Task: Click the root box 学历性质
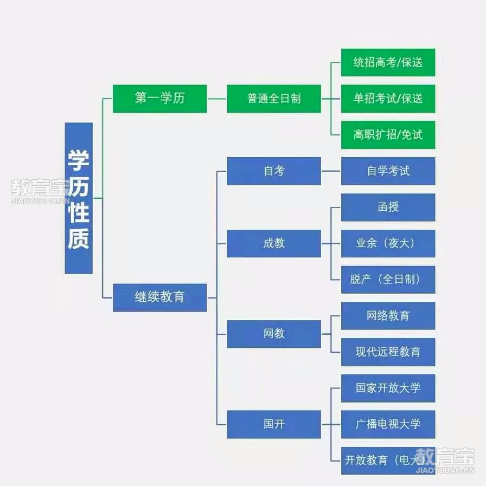(x=79, y=198)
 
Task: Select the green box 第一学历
(x=159, y=99)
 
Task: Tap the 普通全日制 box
(x=274, y=99)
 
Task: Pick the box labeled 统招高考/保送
(x=388, y=62)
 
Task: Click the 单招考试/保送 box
(x=388, y=99)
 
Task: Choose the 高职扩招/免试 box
(x=388, y=135)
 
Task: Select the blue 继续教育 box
(x=159, y=297)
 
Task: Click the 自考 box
(x=274, y=171)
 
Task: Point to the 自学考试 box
(x=388, y=171)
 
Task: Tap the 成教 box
(x=274, y=244)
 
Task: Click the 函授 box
(x=388, y=208)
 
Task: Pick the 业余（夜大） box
(x=388, y=244)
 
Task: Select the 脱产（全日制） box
(x=388, y=280)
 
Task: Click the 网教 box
(x=274, y=334)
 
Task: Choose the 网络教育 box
(x=388, y=316)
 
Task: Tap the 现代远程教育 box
(x=388, y=352)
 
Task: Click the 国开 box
(x=274, y=424)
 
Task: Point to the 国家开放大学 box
(x=388, y=388)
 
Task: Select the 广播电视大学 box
(x=388, y=424)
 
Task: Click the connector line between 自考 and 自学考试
(x=331, y=171)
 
